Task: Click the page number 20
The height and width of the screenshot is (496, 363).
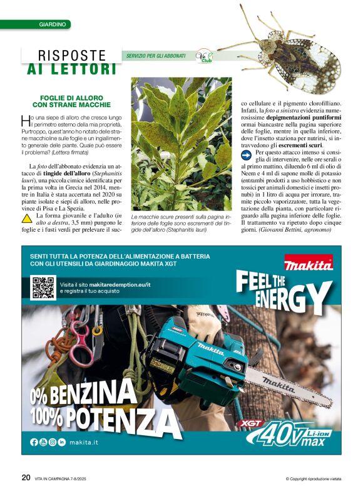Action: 26,477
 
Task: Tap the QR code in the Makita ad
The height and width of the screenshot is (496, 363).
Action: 43,287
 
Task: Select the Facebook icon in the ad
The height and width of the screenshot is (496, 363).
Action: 34,442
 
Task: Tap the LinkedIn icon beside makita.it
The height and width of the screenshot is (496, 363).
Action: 61,442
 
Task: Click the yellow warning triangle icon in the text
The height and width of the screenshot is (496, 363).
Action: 27,218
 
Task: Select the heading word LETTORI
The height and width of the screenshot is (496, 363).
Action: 82,69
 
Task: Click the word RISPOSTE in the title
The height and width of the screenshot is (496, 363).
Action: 72,55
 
